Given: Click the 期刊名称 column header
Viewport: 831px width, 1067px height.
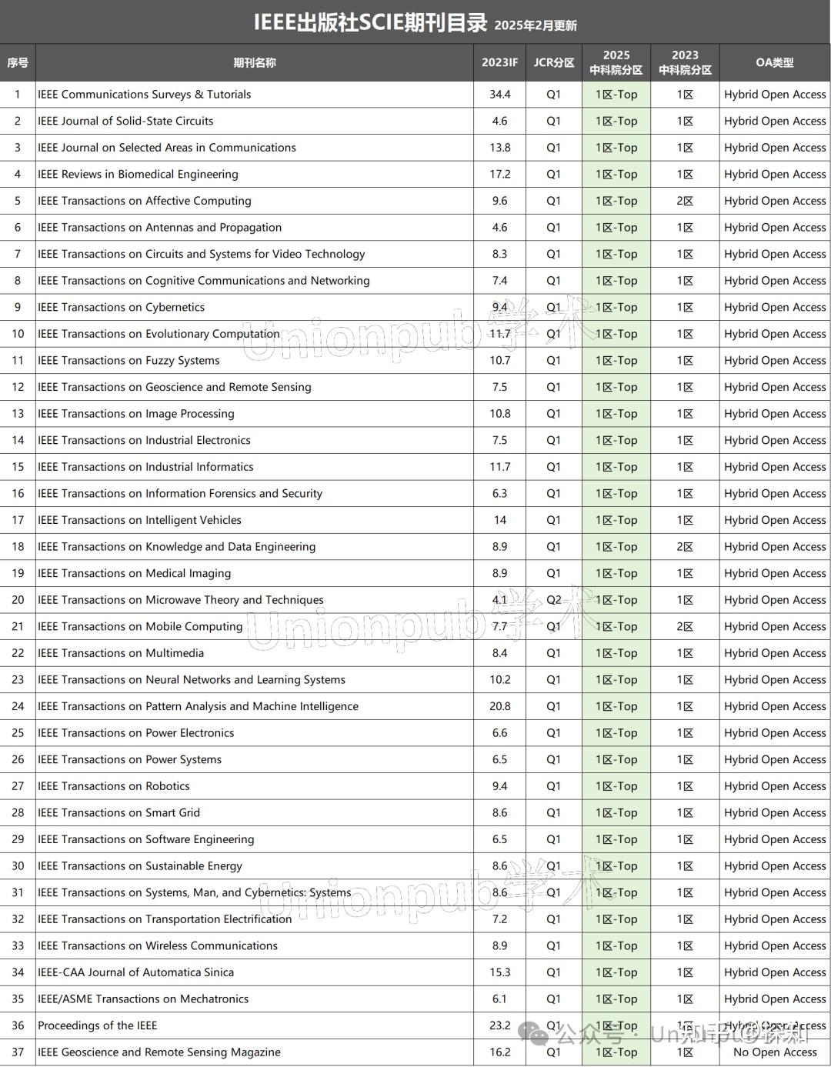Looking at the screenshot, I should coord(254,63).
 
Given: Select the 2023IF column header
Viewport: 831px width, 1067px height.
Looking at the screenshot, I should coord(499,63).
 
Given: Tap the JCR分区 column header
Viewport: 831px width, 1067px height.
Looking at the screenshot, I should coord(554,63).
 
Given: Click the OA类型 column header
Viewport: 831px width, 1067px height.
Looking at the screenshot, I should coord(774,63).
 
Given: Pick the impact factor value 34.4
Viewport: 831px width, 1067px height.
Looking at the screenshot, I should coord(499,95).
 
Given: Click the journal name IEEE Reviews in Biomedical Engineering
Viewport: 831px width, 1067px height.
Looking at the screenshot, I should coord(138,175).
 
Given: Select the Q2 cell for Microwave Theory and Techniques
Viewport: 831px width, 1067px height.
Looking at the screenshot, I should coord(554,600).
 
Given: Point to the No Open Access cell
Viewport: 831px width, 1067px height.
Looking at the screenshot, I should coord(774,1052).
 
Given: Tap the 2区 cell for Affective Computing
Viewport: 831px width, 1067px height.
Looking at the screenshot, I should coord(685,201).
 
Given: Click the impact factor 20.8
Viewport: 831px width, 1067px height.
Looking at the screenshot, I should coord(499,706).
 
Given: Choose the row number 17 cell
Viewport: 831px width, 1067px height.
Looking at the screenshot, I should coord(18,520).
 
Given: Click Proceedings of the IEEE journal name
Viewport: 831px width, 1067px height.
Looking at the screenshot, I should coord(97,1025).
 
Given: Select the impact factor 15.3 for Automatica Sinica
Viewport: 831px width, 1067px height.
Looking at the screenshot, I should coord(499,972).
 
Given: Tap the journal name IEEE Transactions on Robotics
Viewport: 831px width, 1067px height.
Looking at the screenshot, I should coord(114,786).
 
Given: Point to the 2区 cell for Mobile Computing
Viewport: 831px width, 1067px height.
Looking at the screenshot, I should coord(685,626).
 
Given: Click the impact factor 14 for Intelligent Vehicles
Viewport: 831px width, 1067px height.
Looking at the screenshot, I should coord(499,520).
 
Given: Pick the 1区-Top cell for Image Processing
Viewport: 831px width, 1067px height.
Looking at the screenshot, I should coord(616,414).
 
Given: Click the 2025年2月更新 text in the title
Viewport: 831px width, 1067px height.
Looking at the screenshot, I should coord(536,25).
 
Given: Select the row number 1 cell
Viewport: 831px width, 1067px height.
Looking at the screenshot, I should coord(18,95).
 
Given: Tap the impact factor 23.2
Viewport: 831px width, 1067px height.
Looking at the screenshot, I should coord(499,1025).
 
